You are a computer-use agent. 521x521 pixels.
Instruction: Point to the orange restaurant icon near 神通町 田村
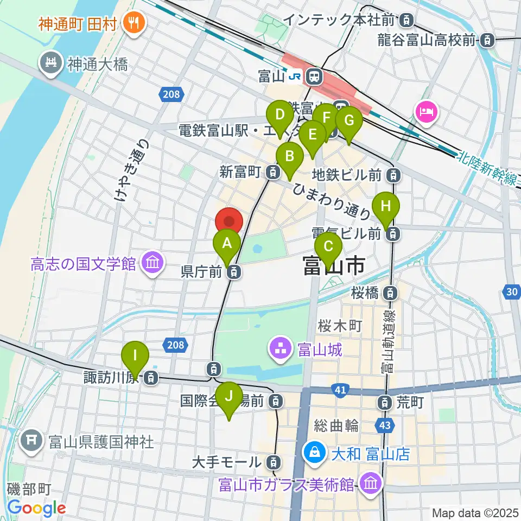(x=131, y=23)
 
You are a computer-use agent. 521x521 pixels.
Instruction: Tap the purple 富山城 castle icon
(x=281, y=350)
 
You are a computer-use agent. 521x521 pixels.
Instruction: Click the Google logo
(x=37, y=508)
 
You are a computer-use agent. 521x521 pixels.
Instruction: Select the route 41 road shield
(x=340, y=390)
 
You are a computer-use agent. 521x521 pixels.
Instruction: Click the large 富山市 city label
(x=333, y=266)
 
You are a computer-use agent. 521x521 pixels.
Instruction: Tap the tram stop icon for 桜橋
(x=390, y=294)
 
